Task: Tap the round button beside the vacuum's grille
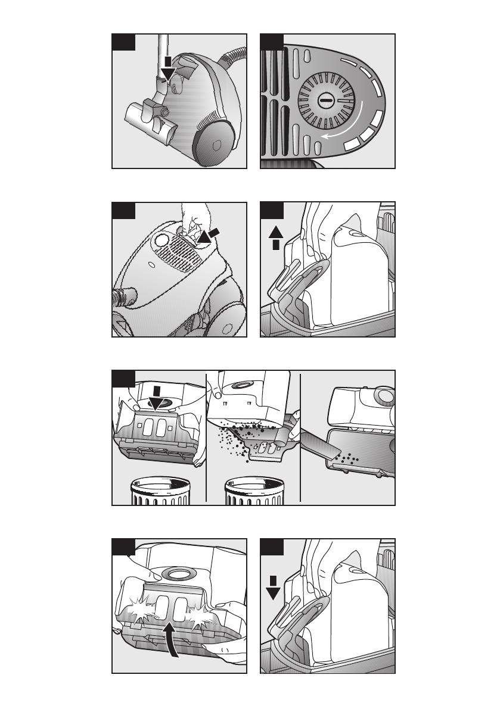coord(161,241)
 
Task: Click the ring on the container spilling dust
coord(242,385)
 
